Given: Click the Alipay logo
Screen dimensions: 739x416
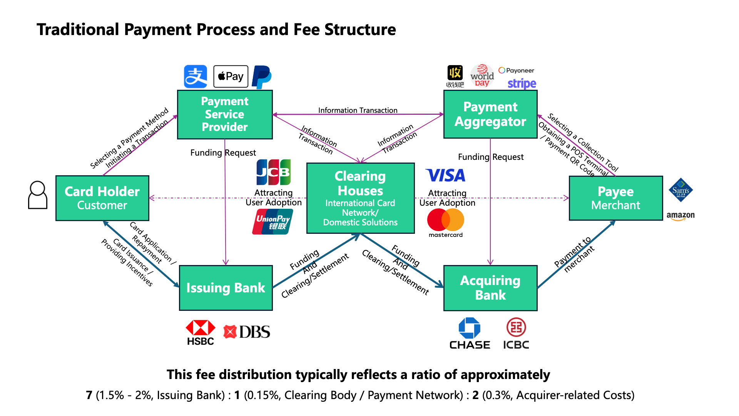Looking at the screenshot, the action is tap(196, 76).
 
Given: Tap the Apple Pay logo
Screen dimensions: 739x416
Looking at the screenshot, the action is tap(231, 76).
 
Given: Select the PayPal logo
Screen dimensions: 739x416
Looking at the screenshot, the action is tap(262, 77).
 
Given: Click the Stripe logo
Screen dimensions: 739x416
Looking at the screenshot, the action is tap(522, 84).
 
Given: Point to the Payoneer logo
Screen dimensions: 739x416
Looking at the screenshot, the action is tap(516, 70).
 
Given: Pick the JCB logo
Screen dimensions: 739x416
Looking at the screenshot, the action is tap(274, 172).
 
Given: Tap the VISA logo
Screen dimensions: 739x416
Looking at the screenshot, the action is tap(446, 175).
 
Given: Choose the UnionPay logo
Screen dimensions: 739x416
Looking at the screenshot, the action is tap(273, 221).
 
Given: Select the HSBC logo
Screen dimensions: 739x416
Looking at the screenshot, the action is tap(201, 332).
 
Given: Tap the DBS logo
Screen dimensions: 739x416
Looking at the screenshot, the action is tap(247, 332).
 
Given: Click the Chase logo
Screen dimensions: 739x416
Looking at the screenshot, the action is tap(470, 334).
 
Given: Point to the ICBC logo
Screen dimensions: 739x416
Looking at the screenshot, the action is tap(516, 334).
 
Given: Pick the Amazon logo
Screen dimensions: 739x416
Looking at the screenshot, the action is tap(680, 216).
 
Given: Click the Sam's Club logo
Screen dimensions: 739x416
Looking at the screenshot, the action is tap(681, 190).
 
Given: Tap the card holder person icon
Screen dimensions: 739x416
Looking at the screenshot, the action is tap(38, 195).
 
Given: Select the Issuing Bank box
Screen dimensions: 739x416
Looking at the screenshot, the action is tap(226, 288).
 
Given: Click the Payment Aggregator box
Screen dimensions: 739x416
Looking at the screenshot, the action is tap(490, 114).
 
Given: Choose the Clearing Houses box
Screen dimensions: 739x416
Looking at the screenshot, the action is tap(360, 198).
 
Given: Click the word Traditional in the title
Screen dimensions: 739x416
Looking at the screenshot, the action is tap(78, 30).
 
